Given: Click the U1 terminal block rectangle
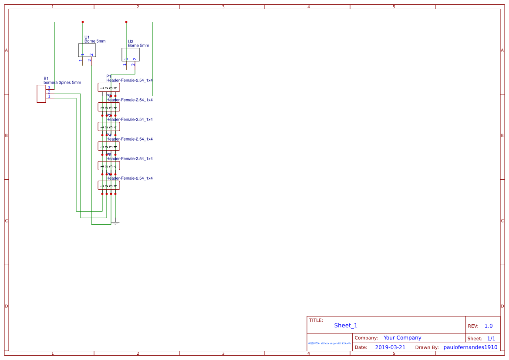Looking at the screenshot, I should click(x=87, y=50).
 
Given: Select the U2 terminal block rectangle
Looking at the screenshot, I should click(x=131, y=54).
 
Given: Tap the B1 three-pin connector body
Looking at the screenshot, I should click(x=41, y=94).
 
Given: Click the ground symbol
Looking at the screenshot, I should click(x=115, y=223).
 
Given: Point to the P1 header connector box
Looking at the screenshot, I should click(x=109, y=87).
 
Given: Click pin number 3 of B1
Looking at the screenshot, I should click(x=49, y=88).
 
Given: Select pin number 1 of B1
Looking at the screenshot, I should click(x=49, y=96).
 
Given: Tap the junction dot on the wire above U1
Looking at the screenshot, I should click(x=83, y=22).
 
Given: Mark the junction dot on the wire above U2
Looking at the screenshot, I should click(x=126, y=22).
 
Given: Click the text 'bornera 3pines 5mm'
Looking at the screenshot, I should click(x=62, y=82).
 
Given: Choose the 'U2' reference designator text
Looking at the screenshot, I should click(x=131, y=41).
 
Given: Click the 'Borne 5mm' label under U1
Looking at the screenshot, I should click(x=95, y=41).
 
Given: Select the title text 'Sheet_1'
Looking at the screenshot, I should click(x=346, y=325).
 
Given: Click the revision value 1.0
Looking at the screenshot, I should click(x=489, y=326).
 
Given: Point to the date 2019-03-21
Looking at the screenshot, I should click(x=390, y=347).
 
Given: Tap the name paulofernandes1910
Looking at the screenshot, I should click(x=470, y=347).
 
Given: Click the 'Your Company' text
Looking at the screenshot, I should click(x=402, y=338).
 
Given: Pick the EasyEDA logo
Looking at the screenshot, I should click(x=330, y=343).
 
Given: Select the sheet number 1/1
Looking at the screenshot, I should click(x=491, y=338).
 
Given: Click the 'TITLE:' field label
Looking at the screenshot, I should click(x=316, y=320).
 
